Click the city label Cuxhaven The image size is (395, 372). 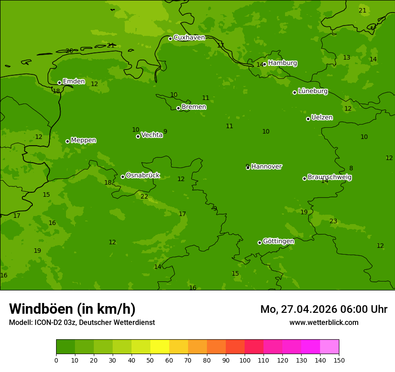point(189,38)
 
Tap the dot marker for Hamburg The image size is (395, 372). point(264,64)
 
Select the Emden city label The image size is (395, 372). point(74,82)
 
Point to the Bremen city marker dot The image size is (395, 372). point(178,108)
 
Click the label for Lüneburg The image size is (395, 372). point(312,91)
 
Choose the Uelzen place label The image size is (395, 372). point(322,117)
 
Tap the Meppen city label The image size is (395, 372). point(83,140)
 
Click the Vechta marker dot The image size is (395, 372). point(138,136)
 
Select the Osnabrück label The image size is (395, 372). point(143,175)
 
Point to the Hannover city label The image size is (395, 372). point(266,167)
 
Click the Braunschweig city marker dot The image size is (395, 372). point(304,178)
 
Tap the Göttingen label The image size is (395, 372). point(278,241)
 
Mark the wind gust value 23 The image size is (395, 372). point(333,221)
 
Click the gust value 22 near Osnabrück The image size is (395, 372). point(144,197)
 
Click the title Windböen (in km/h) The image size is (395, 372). point(72,309)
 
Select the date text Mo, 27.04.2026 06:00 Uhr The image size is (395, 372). point(324,309)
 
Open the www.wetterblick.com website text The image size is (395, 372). point(324,323)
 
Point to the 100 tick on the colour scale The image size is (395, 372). point(245,360)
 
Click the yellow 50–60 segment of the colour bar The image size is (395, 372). point(160,347)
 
